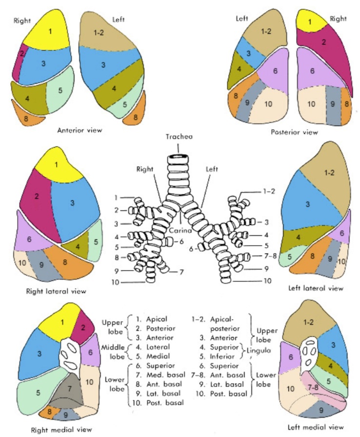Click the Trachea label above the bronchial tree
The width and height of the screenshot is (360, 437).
point(179,137)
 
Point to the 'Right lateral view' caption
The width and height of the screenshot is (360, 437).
point(57,291)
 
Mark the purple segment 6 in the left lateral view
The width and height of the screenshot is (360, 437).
point(341,234)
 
